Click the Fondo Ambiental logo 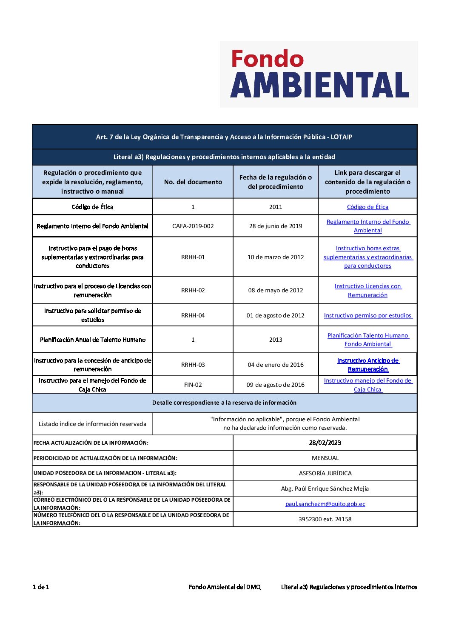tap(319, 74)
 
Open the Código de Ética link tap(367, 207)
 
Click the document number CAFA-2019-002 tap(193, 226)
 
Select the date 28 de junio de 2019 tap(276, 226)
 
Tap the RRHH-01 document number tap(193, 257)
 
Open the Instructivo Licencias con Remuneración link tap(367, 291)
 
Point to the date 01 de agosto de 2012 tap(276, 315)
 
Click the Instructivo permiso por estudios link tap(368, 315)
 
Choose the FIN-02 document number tap(193, 385)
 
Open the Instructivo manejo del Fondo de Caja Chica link tap(368, 385)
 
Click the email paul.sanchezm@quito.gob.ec tap(325, 504)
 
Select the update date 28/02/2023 tap(325, 443)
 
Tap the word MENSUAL tap(325, 458)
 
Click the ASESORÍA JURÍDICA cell tap(325, 473)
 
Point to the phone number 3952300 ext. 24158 tap(325, 519)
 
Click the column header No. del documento tap(193, 182)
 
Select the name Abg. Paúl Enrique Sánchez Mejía tap(325, 488)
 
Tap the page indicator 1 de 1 tap(41, 587)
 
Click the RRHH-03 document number tap(193, 365)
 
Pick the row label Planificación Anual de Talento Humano tap(93, 340)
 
